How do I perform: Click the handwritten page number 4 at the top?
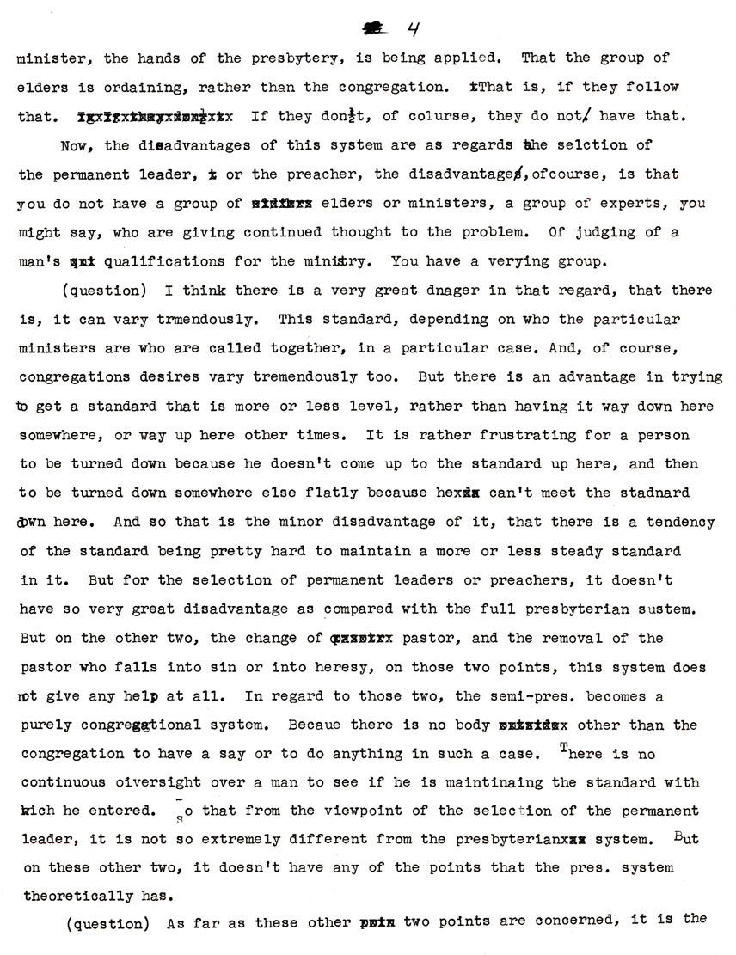(x=413, y=29)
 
